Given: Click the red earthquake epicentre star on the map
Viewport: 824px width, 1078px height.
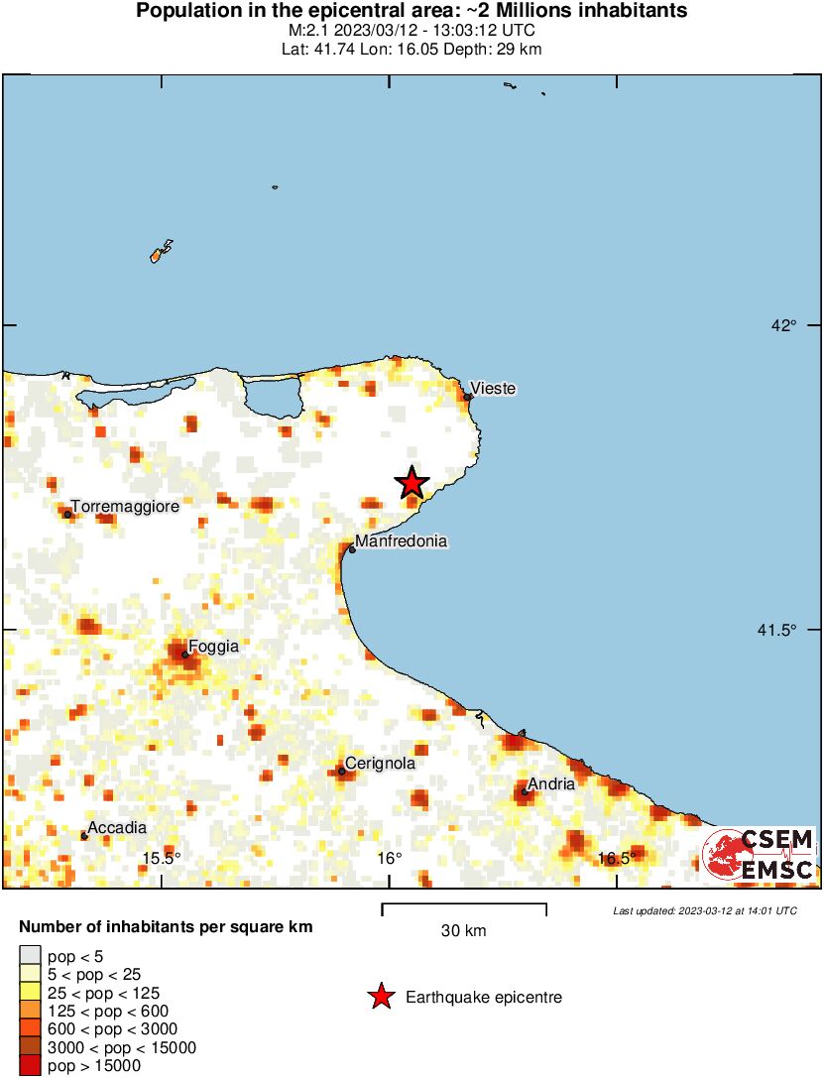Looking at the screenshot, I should pyautogui.click(x=412, y=483).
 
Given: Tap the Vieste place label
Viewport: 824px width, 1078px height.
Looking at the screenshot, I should pyautogui.click(x=493, y=389).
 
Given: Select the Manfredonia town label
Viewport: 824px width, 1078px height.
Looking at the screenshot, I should pyautogui.click(x=401, y=541).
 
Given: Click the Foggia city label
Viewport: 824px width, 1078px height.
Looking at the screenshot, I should pyautogui.click(x=213, y=647).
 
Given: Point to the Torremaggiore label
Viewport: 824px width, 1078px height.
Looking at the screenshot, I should pyautogui.click(x=125, y=507).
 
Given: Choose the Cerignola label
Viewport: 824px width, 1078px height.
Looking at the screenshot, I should pyautogui.click(x=380, y=764).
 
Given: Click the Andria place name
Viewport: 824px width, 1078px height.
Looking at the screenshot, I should pyautogui.click(x=551, y=784).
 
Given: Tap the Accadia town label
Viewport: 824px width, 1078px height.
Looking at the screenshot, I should pyautogui.click(x=117, y=828).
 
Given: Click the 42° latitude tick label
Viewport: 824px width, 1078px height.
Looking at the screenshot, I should pyautogui.click(x=785, y=325).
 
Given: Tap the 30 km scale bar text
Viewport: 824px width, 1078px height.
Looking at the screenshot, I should pyautogui.click(x=464, y=931).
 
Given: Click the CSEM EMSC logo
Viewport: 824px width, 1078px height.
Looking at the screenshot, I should pyautogui.click(x=759, y=856).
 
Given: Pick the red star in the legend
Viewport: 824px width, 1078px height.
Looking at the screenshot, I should pyautogui.click(x=381, y=998).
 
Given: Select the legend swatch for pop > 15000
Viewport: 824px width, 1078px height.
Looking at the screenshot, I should pyautogui.click(x=30, y=1066).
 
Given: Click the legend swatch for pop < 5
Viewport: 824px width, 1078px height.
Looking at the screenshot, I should pyautogui.click(x=30, y=955).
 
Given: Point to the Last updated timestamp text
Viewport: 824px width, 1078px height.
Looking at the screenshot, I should pyautogui.click(x=704, y=910).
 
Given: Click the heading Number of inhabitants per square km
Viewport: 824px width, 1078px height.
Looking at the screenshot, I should pyautogui.click(x=167, y=928).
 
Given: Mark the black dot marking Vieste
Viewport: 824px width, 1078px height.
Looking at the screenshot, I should pyautogui.click(x=467, y=397).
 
